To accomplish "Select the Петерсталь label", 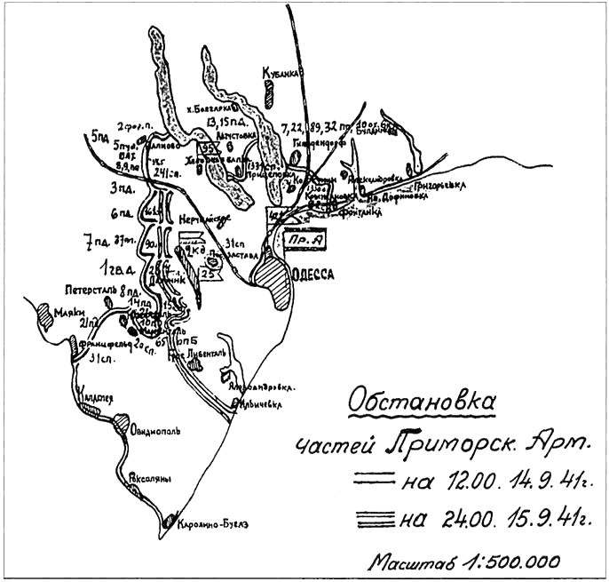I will tap(86, 290).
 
